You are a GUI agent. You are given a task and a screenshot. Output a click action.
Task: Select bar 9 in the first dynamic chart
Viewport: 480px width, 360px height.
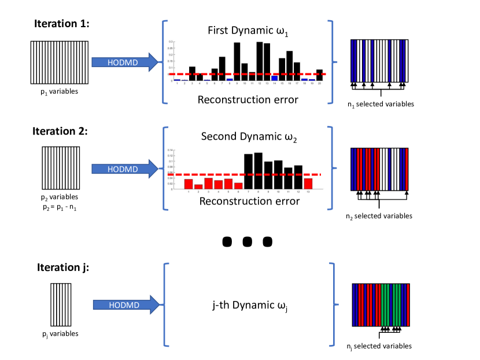[237, 61]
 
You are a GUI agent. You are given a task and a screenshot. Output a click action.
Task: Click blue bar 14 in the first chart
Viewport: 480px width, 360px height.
[275, 78]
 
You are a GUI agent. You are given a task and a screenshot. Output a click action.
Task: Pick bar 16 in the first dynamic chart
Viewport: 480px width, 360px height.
[290, 65]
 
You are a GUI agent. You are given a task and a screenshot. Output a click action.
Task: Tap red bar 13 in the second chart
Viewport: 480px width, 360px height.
[308, 183]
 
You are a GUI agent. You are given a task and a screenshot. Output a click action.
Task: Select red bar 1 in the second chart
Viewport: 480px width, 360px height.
[189, 184]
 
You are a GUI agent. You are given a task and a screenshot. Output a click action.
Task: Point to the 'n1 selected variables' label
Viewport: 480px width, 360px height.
[381, 104]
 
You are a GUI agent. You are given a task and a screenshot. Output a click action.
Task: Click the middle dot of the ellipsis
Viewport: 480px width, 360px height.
[247, 242]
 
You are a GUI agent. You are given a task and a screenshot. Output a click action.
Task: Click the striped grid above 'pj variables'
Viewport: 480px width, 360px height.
[61, 305]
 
